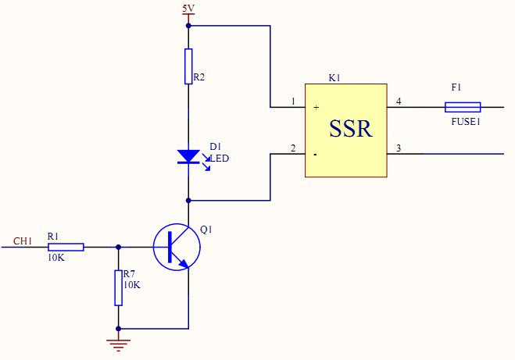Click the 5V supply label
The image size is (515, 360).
click(x=188, y=9)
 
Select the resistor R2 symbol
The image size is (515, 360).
click(x=188, y=66)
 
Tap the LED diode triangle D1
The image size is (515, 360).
click(x=188, y=156)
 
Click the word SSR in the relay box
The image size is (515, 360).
click(x=351, y=129)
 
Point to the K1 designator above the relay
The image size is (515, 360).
click(x=335, y=79)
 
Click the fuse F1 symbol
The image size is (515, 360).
click(x=463, y=107)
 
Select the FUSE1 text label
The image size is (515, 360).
click(x=466, y=123)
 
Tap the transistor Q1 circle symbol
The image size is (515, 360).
click(x=177, y=247)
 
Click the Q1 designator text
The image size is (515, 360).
click(x=206, y=230)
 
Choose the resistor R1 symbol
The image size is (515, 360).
click(x=66, y=247)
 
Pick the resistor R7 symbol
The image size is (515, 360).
click(x=119, y=288)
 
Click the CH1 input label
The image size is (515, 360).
click(x=23, y=241)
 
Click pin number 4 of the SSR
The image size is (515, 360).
click(x=399, y=102)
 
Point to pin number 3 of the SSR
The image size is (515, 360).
click(x=399, y=148)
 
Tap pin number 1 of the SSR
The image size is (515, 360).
click(x=292, y=102)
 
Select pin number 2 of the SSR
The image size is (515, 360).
click(x=292, y=148)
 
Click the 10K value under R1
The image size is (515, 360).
click(x=55, y=257)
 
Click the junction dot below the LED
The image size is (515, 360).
click(x=188, y=200)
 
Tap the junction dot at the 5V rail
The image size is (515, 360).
click(x=188, y=25)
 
